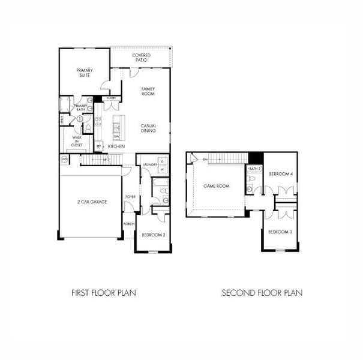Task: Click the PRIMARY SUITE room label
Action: pyautogui.click(x=84, y=73)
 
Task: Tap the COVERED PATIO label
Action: pyautogui.click(x=142, y=58)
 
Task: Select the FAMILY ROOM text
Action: pyautogui.click(x=148, y=92)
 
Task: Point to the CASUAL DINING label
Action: pyautogui.click(x=148, y=128)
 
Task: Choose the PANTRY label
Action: pyautogui.click(x=111, y=98)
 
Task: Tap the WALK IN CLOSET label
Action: pyautogui.click(x=77, y=141)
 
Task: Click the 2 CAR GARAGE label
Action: pyautogui.click(x=92, y=202)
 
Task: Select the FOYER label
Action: pyautogui.click(x=130, y=196)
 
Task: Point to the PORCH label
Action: pyautogui.click(x=128, y=224)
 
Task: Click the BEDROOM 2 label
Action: pyautogui.click(x=153, y=235)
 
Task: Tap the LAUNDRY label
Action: pyautogui.click(x=150, y=164)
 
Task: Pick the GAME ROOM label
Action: pyautogui.click(x=216, y=186)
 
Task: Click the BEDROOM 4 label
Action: pyautogui.click(x=281, y=174)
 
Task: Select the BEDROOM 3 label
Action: pyautogui.click(x=280, y=232)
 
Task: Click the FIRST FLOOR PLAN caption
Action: pyautogui.click(x=104, y=293)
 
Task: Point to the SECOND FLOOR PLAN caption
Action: pyautogui.click(x=262, y=293)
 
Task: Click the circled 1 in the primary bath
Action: pyautogui.click(x=79, y=119)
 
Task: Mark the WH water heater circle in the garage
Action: pyautogui.click(x=65, y=159)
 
